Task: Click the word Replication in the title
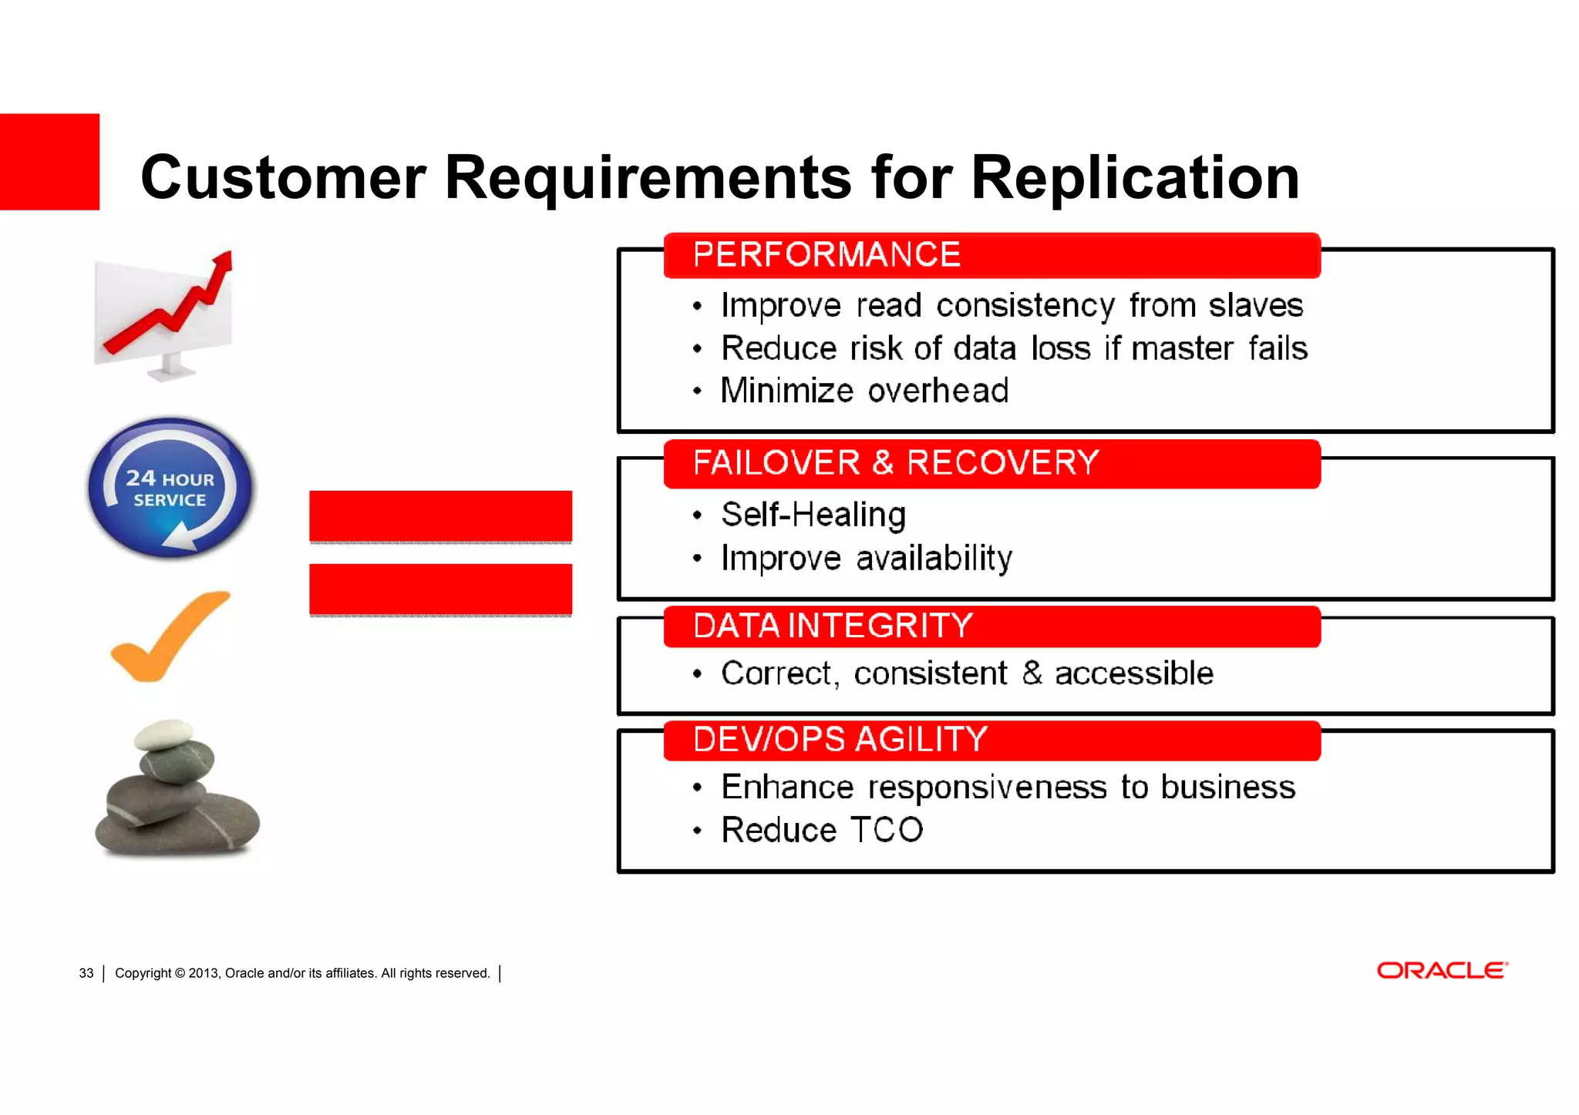(x=1135, y=178)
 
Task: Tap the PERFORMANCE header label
(x=827, y=255)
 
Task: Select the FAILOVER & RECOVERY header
(x=895, y=463)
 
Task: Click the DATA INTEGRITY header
(x=833, y=626)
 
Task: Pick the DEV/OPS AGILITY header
(x=840, y=740)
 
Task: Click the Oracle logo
(x=1442, y=971)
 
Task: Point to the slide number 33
(x=86, y=973)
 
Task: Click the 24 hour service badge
(x=170, y=488)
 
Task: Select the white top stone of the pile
(x=163, y=734)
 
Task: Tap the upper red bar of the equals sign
(x=440, y=516)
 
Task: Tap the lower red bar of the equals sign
(x=440, y=589)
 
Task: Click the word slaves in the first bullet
(x=1255, y=306)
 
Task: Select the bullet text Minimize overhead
(x=864, y=391)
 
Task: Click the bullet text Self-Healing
(x=813, y=515)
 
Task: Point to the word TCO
(x=887, y=831)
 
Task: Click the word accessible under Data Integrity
(x=1133, y=673)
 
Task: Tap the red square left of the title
(x=49, y=162)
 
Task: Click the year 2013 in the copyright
(x=204, y=973)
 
